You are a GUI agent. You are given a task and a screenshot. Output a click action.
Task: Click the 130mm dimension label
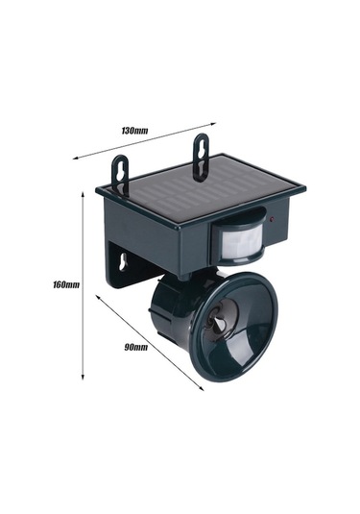(x=134, y=131)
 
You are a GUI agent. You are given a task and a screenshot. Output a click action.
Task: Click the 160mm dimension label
(x=66, y=284)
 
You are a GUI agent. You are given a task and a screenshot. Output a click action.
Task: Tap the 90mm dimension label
(x=135, y=347)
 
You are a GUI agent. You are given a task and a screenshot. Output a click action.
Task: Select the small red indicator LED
(x=273, y=219)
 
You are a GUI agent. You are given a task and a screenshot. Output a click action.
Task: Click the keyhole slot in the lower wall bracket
(x=123, y=262)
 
